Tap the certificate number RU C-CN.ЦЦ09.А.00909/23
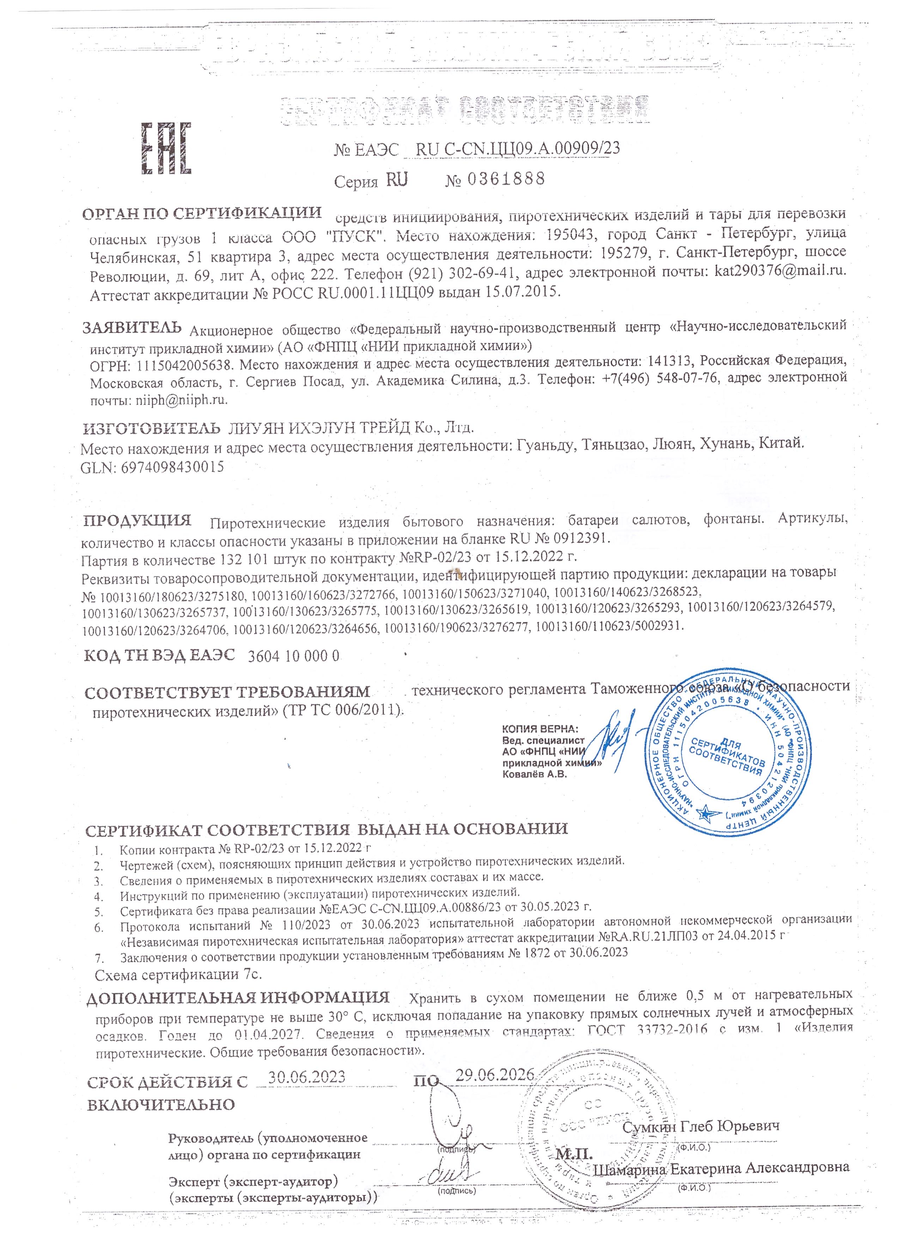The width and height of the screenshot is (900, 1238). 517,148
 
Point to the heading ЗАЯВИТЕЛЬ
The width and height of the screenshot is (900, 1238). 132,328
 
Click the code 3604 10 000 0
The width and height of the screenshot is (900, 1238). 294,656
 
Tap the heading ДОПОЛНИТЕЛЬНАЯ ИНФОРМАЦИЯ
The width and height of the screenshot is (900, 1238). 238,998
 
